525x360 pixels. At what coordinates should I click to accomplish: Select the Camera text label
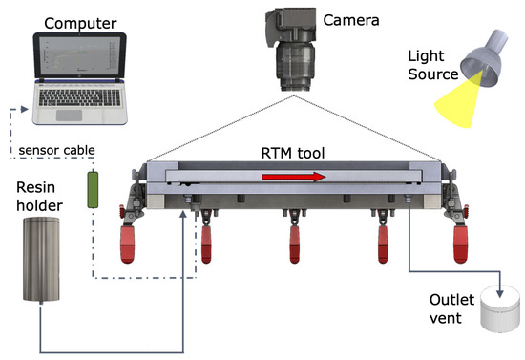349,19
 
